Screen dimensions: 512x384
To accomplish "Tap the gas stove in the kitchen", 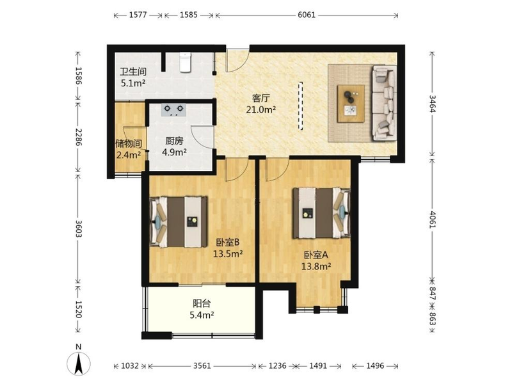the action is (x=173, y=109).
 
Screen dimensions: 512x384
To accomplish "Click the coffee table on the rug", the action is (x=351, y=104).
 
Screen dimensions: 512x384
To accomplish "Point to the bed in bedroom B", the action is (x=179, y=221).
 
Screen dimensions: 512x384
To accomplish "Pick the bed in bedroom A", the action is (x=322, y=212).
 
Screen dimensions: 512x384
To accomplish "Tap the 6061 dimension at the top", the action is (x=307, y=15).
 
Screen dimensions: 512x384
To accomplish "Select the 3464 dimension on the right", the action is (x=432, y=104).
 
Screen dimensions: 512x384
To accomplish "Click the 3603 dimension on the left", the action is (x=78, y=228).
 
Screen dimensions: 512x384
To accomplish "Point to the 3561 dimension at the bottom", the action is (x=202, y=365).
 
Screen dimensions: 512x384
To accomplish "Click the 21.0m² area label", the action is (x=261, y=109).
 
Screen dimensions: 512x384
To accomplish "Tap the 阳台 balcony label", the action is (x=202, y=303).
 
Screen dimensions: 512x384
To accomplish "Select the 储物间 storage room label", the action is (x=129, y=143).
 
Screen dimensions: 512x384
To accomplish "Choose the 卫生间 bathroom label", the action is (x=133, y=72).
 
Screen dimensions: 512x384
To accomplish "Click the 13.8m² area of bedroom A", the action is (x=316, y=266).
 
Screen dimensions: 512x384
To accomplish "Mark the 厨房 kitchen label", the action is (x=174, y=141).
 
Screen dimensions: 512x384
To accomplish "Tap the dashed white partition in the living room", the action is (x=300, y=106).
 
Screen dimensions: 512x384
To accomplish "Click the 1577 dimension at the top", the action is (x=138, y=15).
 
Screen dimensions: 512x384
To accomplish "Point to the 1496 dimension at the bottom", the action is (x=375, y=365).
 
